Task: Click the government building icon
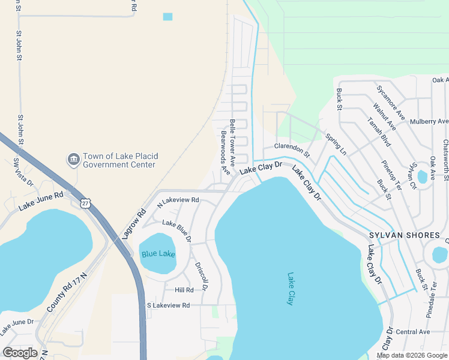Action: click(x=73, y=159)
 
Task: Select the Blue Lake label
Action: click(x=158, y=254)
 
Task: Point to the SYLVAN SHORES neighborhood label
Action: click(x=405, y=235)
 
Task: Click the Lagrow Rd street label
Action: click(x=133, y=224)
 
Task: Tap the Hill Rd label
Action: click(x=184, y=290)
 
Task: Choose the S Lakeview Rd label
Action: click(x=168, y=305)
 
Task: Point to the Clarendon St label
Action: click(x=292, y=150)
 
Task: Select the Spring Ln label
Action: click(x=336, y=143)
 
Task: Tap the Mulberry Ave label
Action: click(x=429, y=121)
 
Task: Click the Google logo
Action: click(x=20, y=352)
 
